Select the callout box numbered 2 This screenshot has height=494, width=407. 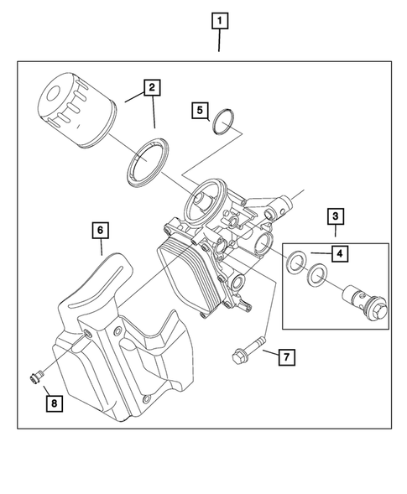click(x=152, y=87)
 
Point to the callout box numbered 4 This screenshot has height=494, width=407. click(x=339, y=252)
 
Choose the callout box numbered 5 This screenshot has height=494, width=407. click(x=199, y=110)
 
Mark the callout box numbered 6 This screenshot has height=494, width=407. click(x=99, y=229)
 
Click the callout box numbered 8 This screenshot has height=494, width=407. click(x=53, y=403)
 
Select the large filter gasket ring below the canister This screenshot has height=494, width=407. click(x=148, y=162)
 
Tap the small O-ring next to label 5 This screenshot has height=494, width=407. click(x=223, y=123)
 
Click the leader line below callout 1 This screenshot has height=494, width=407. click(x=220, y=41)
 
